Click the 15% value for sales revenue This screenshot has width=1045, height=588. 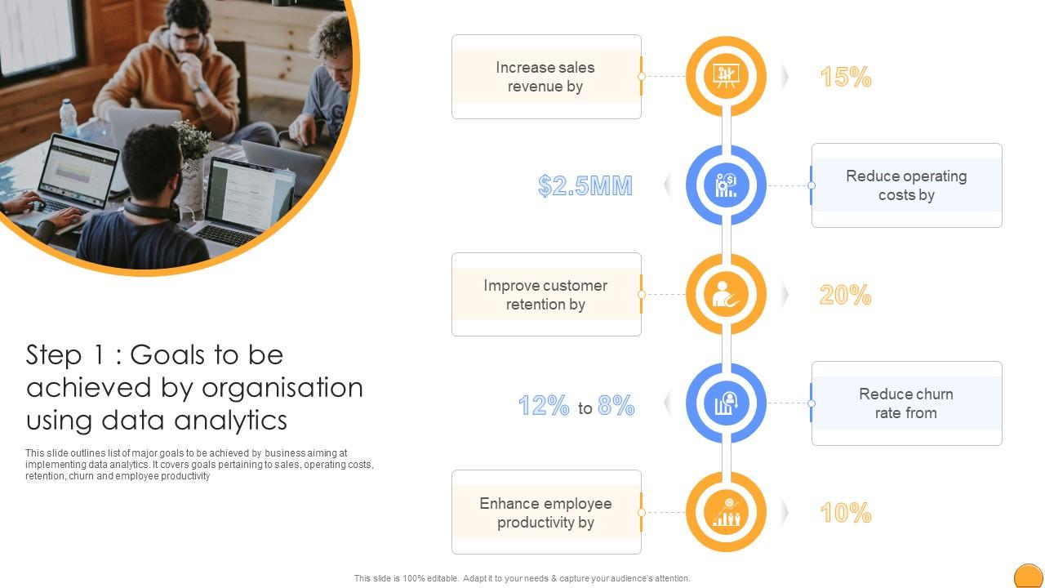pos(845,77)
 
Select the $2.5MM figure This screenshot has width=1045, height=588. pos(585,186)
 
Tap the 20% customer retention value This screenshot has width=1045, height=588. pos(845,295)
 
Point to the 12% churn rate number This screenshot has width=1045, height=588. pos(544,405)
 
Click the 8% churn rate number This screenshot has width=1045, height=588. pos(616,405)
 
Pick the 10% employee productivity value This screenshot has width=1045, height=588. pos(845,513)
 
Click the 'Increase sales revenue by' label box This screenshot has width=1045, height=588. pos(546,77)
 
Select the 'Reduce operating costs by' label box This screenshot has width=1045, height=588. pos(906,185)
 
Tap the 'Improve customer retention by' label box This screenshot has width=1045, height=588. pos(546,295)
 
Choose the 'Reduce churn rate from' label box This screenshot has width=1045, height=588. pos(906,403)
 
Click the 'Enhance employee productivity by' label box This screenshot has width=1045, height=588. pos(546,513)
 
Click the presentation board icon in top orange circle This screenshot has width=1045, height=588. pos(725,76)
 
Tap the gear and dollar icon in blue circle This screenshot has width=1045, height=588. pos(725,185)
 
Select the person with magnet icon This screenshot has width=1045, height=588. pos(725,295)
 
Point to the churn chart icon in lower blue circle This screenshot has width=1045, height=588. pos(725,403)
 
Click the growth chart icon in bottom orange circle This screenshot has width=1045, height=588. pos(725,513)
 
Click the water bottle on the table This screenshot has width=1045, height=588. pos(69,118)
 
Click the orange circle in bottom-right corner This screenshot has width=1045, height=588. pos(1028,577)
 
